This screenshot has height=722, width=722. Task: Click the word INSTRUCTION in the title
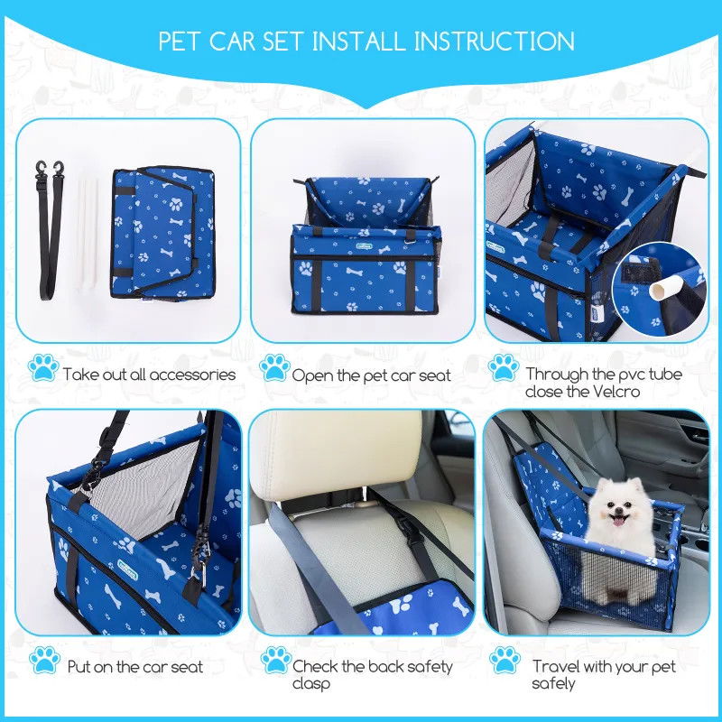[x=494, y=41]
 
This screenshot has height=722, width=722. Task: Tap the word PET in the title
[x=179, y=41]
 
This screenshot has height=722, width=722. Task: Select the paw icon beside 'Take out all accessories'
[x=43, y=367]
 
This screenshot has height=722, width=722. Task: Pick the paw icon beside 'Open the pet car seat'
[x=274, y=367]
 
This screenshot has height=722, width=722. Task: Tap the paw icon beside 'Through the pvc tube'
[x=504, y=367]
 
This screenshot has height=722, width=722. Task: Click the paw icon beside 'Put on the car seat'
[x=44, y=660]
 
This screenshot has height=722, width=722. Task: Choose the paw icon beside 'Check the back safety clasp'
[x=275, y=660]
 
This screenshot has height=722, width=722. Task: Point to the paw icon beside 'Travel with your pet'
[x=504, y=660]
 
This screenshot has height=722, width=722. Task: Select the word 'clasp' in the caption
[x=310, y=684]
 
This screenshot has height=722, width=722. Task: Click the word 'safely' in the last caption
[x=553, y=683]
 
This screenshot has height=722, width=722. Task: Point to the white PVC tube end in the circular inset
[x=658, y=290]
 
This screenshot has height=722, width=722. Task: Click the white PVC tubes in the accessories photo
[x=87, y=234]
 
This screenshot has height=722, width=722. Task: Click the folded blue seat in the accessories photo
[x=162, y=233]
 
